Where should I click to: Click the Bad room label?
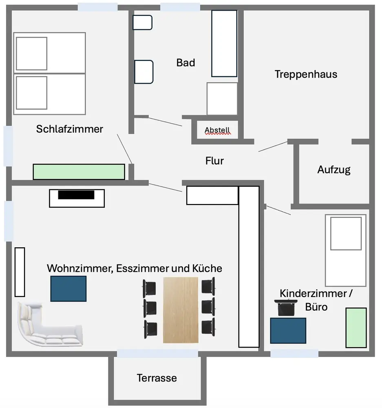tap(185, 63)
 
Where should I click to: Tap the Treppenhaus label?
tap(306, 74)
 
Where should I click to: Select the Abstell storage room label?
tap(217, 130)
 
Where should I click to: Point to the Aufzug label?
tap(333, 170)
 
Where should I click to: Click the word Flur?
tap(214, 161)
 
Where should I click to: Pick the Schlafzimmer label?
tap(69, 129)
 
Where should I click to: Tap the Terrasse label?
tap(157, 378)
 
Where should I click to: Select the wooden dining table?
tap(181, 310)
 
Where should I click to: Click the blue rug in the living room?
tap(68, 288)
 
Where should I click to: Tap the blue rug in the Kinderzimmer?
tap(288, 330)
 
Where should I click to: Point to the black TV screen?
tap(76, 195)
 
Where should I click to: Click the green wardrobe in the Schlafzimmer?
tap(79, 171)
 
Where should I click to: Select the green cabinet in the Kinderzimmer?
tap(356, 328)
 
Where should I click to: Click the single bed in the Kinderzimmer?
tap(345, 250)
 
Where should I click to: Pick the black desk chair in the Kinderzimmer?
tap(286, 308)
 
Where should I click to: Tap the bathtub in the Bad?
tap(224, 43)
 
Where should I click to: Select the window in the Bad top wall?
tap(180, 7)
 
